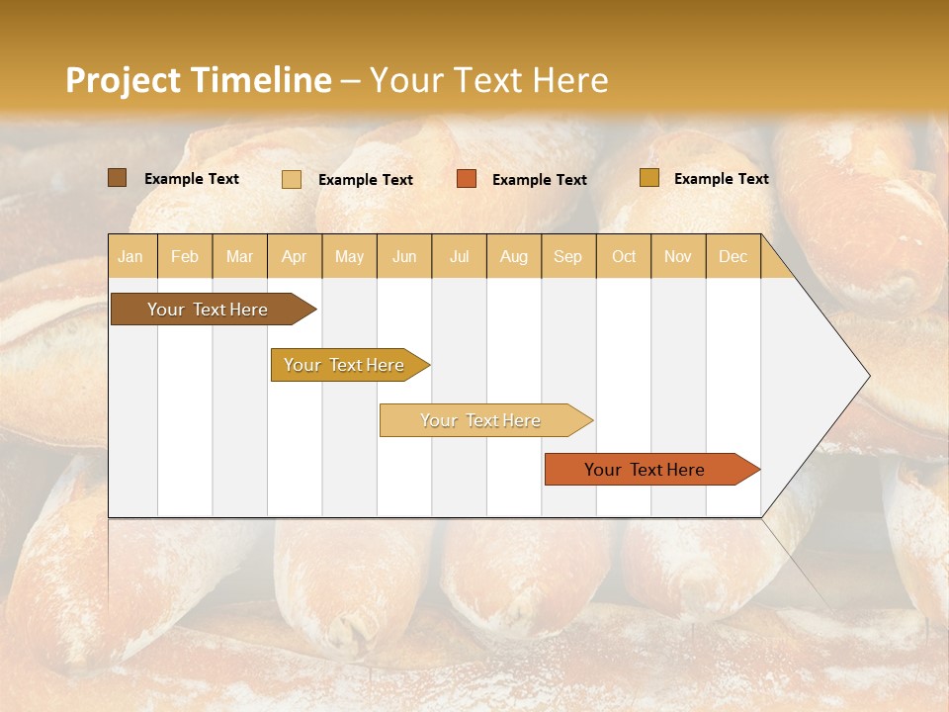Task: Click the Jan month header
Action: pos(131,256)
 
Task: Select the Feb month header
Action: pos(185,256)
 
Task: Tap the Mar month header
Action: pos(239,256)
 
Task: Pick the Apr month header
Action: pos(295,256)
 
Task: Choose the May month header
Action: pos(349,256)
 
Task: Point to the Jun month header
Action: pos(404,256)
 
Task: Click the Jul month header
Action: pos(459,256)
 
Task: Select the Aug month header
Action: pos(514,256)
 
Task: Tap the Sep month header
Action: pos(568,256)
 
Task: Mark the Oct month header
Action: pos(624,256)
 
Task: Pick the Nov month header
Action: pos(678,256)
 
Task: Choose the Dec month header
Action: pos(733,256)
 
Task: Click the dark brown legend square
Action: pos(117,178)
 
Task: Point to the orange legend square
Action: pos(467,179)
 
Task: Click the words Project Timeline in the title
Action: pos(199,80)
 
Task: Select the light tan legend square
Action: pos(292,179)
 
